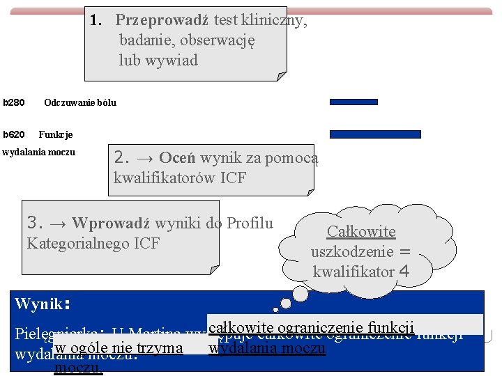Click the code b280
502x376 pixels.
pyautogui.click(x=14, y=103)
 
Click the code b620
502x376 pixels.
pyautogui.click(x=14, y=134)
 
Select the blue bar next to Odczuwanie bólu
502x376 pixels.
pyautogui.click(x=353, y=102)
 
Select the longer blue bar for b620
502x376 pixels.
pyautogui.click(x=375, y=134)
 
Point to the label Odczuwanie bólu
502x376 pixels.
pyautogui.click(x=80, y=103)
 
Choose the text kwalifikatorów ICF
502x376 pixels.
pyautogui.click(x=180, y=178)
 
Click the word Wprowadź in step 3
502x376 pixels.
pyautogui.click(x=111, y=224)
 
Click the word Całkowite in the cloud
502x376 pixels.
pyautogui.click(x=361, y=232)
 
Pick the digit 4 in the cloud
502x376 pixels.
pyautogui.click(x=404, y=272)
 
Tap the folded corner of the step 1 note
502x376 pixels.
pyautogui.click(x=281, y=75)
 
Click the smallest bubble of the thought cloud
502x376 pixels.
pyautogui.click(x=276, y=309)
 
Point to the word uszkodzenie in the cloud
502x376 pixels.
pyautogui.click(x=353, y=251)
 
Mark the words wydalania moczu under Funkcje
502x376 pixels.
pyautogui.click(x=39, y=152)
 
